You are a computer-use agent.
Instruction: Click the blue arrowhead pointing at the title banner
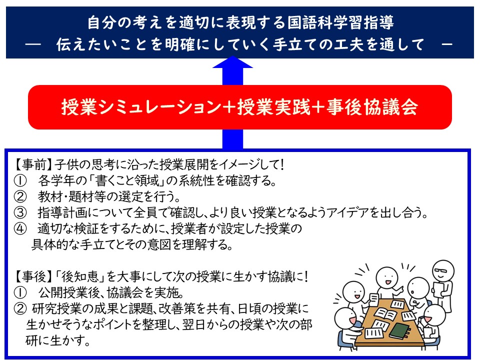(x=232, y=62)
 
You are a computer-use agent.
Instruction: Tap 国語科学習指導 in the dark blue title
(x=340, y=22)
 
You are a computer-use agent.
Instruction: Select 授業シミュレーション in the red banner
(x=141, y=107)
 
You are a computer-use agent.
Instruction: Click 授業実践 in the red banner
(x=273, y=107)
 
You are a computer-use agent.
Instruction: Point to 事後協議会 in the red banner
(x=372, y=107)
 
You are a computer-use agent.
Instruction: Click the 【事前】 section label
(x=33, y=165)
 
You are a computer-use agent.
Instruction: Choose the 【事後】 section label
(x=33, y=276)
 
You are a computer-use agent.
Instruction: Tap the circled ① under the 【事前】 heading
(x=20, y=181)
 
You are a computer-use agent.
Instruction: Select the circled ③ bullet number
(x=20, y=212)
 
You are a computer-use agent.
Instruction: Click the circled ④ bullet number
(x=20, y=228)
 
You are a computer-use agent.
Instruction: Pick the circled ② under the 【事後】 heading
(x=20, y=309)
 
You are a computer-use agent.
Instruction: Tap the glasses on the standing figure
(x=441, y=271)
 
